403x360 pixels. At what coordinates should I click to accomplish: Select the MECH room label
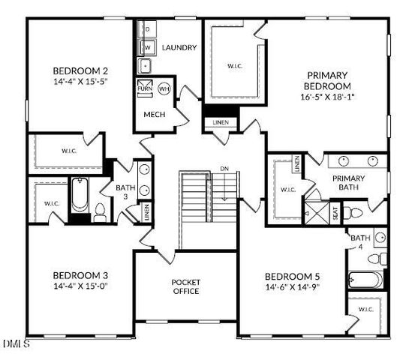click(x=155, y=115)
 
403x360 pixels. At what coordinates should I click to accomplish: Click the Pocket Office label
click(x=185, y=286)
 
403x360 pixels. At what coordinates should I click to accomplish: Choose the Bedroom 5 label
click(x=292, y=276)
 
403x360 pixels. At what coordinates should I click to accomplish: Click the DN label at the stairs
click(x=224, y=169)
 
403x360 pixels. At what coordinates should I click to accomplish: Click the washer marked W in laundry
click(x=148, y=47)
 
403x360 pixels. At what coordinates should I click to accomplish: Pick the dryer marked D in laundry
click(x=148, y=29)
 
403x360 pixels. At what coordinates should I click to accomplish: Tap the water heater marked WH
click(x=164, y=89)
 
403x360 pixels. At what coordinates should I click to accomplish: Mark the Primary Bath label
click(x=349, y=183)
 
